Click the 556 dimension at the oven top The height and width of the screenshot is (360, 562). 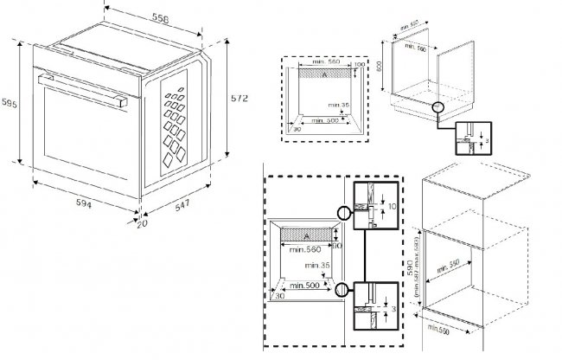click(158, 18)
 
